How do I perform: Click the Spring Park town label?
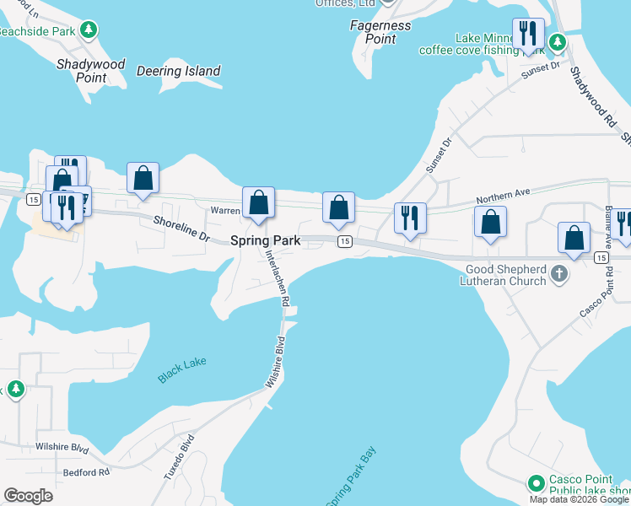coord(266,240)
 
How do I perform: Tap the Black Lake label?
coord(182,370)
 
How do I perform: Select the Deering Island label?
coord(178,72)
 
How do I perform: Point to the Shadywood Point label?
coord(90,71)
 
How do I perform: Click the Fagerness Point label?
coord(380,32)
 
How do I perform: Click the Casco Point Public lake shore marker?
coord(535,483)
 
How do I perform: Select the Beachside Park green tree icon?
coord(89,30)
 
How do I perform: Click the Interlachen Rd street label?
coord(278,277)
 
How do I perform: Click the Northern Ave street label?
coord(502,194)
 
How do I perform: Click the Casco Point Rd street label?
coord(593,299)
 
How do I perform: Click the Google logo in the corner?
coord(28,496)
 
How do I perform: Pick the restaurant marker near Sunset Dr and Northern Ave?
coord(410,218)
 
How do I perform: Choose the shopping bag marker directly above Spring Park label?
coord(259,202)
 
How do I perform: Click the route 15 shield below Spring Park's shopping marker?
coord(344,242)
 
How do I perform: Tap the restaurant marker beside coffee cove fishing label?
coord(528,34)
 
